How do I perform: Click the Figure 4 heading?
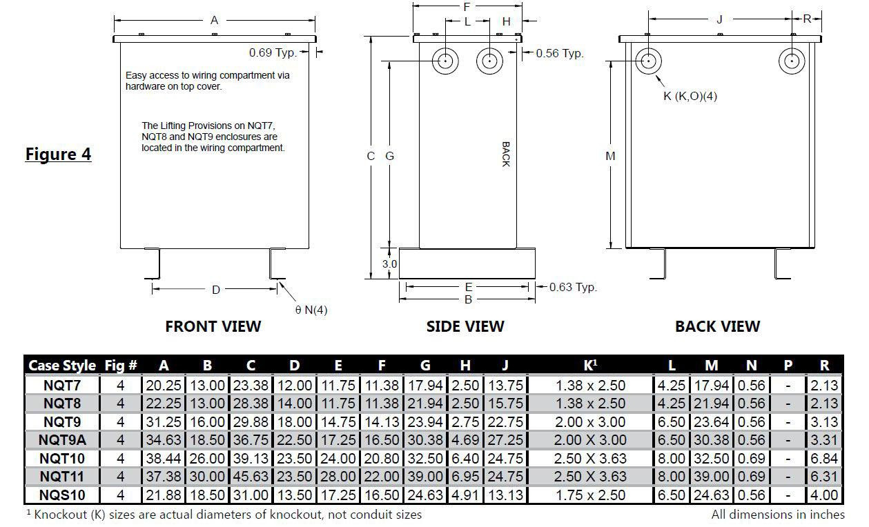58,154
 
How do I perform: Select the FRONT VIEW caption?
213,326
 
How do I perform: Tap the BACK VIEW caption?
718,326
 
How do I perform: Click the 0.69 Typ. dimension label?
273,52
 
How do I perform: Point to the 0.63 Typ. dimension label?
573,288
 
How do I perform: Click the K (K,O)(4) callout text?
690,96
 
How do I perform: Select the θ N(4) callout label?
311,310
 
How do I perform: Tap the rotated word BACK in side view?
506,155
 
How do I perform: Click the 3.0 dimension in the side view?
389,264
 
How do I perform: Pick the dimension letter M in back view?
610,156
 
